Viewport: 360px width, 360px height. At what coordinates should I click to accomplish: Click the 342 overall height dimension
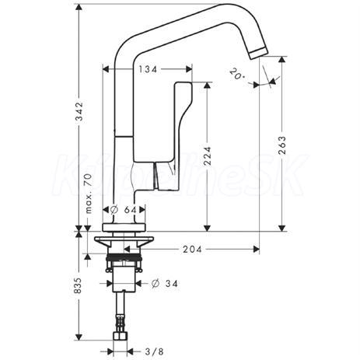tap(80, 111)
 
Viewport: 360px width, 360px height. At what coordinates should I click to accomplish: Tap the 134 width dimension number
tap(148, 69)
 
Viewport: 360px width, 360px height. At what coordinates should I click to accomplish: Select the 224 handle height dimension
tap(207, 156)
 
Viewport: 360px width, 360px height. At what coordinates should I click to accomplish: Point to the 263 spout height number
tap(282, 145)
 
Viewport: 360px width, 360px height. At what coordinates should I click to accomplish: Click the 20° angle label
tap(237, 74)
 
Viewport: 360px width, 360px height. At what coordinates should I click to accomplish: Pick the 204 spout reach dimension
tap(192, 250)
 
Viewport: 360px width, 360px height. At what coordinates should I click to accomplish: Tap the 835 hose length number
tap(78, 285)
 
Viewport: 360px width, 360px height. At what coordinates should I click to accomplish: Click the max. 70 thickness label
tap(89, 194)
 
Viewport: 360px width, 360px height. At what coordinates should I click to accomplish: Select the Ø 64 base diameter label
tap(124, 210)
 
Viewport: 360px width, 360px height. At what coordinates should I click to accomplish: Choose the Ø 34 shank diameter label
tap(165, 284)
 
